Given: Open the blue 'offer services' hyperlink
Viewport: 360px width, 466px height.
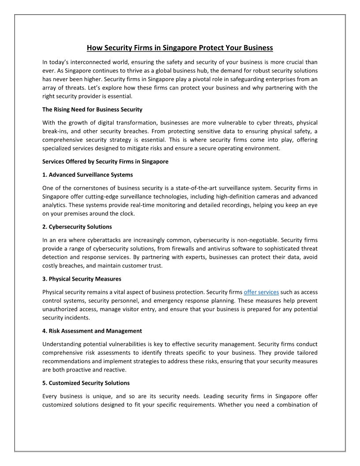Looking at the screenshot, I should point(261,292).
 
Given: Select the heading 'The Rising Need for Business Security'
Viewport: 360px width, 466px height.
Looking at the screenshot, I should point(92,109).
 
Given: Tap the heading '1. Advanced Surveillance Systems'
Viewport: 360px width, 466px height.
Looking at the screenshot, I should point(87,175).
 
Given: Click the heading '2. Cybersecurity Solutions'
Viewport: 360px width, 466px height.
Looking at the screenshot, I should point(77,227).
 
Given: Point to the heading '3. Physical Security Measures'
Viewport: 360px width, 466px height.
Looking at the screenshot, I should point(82,279).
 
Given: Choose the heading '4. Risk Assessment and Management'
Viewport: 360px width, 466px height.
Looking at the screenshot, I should point(92,331).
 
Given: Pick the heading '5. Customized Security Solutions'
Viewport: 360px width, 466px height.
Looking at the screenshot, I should point(86,383).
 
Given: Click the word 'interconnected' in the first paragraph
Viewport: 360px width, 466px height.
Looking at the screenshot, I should point(88,62).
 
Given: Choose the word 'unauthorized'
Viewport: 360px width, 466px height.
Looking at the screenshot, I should point(63,309).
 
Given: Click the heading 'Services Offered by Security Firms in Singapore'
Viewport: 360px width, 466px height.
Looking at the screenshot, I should point(105,162).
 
